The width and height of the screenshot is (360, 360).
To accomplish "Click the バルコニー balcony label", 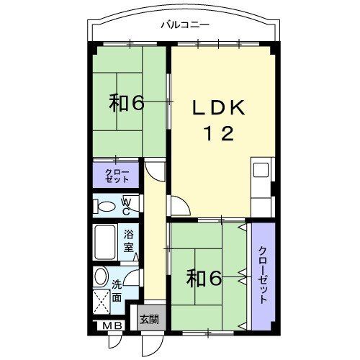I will click(184, 24).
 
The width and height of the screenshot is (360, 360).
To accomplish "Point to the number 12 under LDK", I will click(217, 134).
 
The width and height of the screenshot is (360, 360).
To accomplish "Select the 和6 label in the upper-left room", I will click(127, 103).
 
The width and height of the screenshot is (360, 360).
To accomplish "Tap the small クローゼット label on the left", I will click(116, 176).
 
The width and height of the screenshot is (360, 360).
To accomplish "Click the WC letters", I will click(126, 206).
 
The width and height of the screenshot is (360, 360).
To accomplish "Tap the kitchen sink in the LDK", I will click(260, 171).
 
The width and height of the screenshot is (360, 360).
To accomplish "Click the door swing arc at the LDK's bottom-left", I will click(181, 207).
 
